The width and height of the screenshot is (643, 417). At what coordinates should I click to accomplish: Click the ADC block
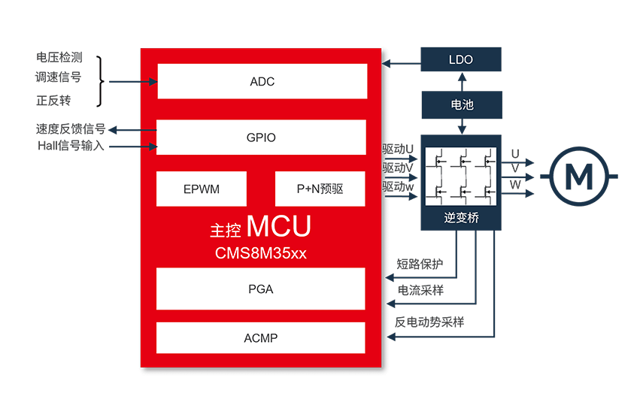[262, 81]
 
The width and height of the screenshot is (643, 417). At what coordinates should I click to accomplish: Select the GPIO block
[261, 137]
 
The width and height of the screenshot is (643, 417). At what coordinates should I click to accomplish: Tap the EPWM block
[202, 189]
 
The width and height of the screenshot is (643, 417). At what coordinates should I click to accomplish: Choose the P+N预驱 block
[320, 189]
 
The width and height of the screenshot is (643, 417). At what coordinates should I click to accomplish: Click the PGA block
[260, 289]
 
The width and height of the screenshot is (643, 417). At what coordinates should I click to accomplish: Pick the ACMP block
[260, 338]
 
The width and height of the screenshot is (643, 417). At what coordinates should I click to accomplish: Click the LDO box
[460, 59]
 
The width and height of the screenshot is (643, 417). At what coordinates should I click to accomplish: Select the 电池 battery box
[461, 104]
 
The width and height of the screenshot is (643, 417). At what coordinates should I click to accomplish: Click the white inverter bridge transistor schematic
[461, 177]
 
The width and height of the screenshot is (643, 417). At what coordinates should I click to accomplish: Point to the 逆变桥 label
[461, 219]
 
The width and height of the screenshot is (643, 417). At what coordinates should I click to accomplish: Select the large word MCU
[278, 226]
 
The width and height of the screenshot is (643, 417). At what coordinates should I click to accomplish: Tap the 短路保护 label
[422, 264]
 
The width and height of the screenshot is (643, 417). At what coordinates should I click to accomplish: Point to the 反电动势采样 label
[429, 322]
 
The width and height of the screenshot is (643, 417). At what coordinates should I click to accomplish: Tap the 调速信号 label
[59, 77]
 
